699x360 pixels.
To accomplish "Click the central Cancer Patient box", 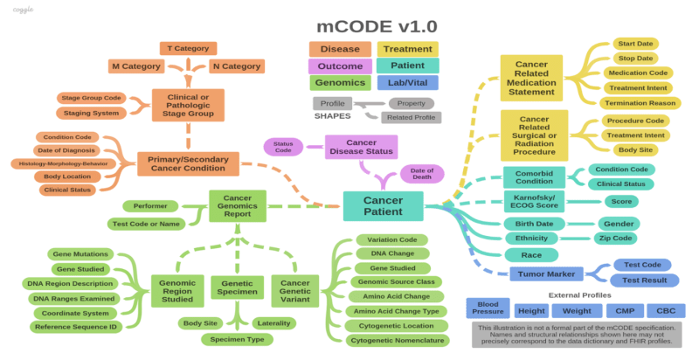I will [x=383, y=206].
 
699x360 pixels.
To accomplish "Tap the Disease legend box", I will [x=340, y=49].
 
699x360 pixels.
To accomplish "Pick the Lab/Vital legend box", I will [x=407, y=83].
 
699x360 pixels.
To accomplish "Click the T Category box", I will [x=188, y=48].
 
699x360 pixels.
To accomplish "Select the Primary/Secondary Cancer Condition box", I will [x=188, y=164].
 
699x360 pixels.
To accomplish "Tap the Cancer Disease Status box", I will [x=361, y=147].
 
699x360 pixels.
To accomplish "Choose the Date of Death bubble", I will [x=421, y=174].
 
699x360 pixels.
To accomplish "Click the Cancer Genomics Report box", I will [x=238, y=206].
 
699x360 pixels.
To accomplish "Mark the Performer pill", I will [x=150, y=206].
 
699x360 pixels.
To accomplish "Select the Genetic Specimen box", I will [x=237, y=287].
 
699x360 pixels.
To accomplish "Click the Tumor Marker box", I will [x=542, y=274].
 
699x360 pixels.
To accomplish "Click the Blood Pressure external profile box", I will [x=488, y=310].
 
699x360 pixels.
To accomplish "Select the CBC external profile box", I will [x=666, y=310].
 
